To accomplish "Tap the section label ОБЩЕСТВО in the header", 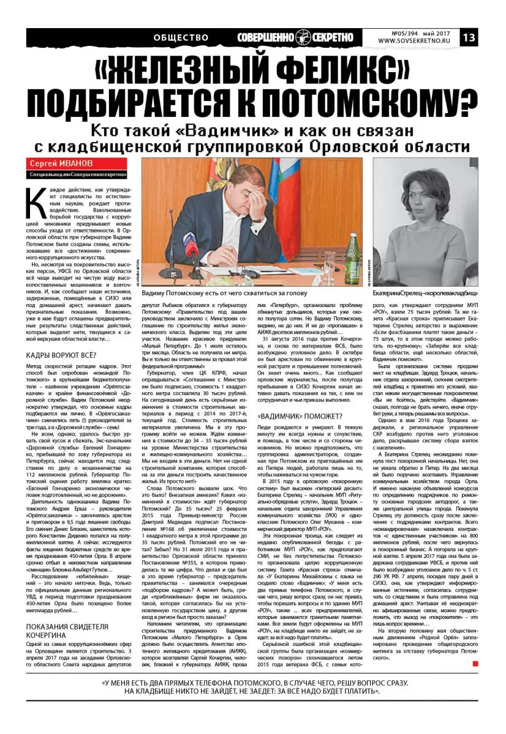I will click(181, 37).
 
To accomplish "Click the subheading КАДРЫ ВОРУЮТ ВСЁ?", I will click(61, 355).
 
